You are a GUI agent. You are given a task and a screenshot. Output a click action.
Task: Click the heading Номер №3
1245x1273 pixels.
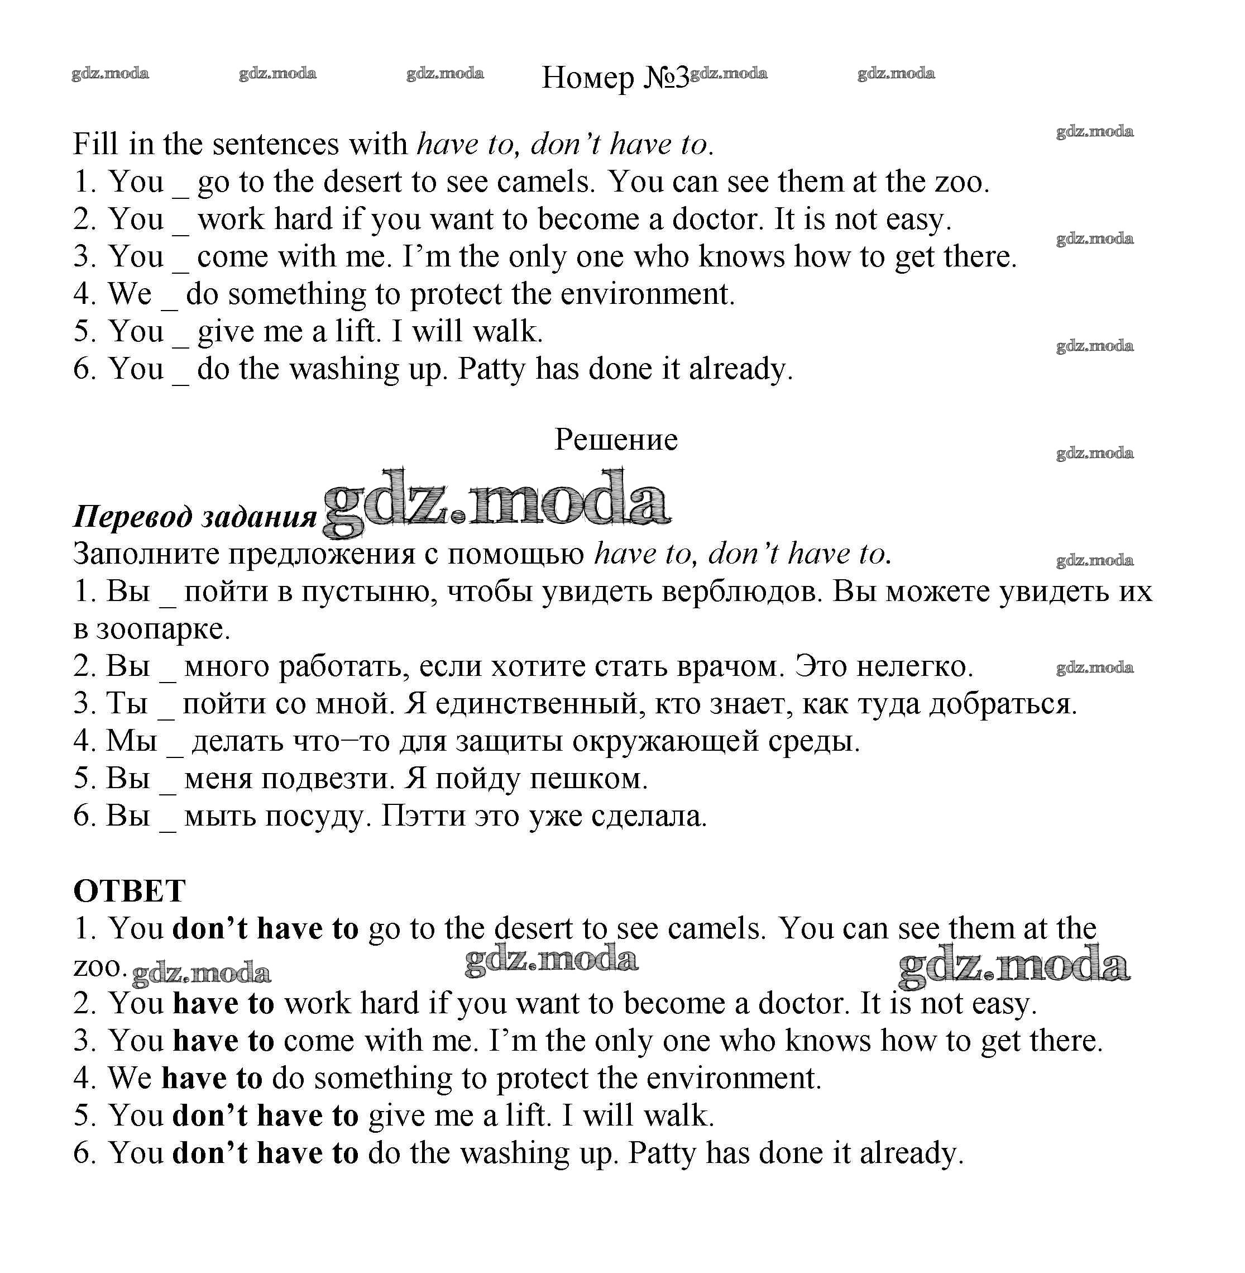pos(615,78)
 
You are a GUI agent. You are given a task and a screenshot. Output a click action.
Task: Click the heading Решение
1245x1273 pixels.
pos(616,440)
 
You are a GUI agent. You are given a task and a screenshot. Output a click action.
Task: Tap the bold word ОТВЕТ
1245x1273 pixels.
pos(130,891)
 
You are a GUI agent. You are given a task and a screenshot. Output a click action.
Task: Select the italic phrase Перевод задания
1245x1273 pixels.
pos(195,517)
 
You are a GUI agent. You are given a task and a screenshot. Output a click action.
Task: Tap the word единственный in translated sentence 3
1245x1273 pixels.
pos(535,704)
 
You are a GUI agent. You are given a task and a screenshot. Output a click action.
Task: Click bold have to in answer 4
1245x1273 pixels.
pos(212,1079)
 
